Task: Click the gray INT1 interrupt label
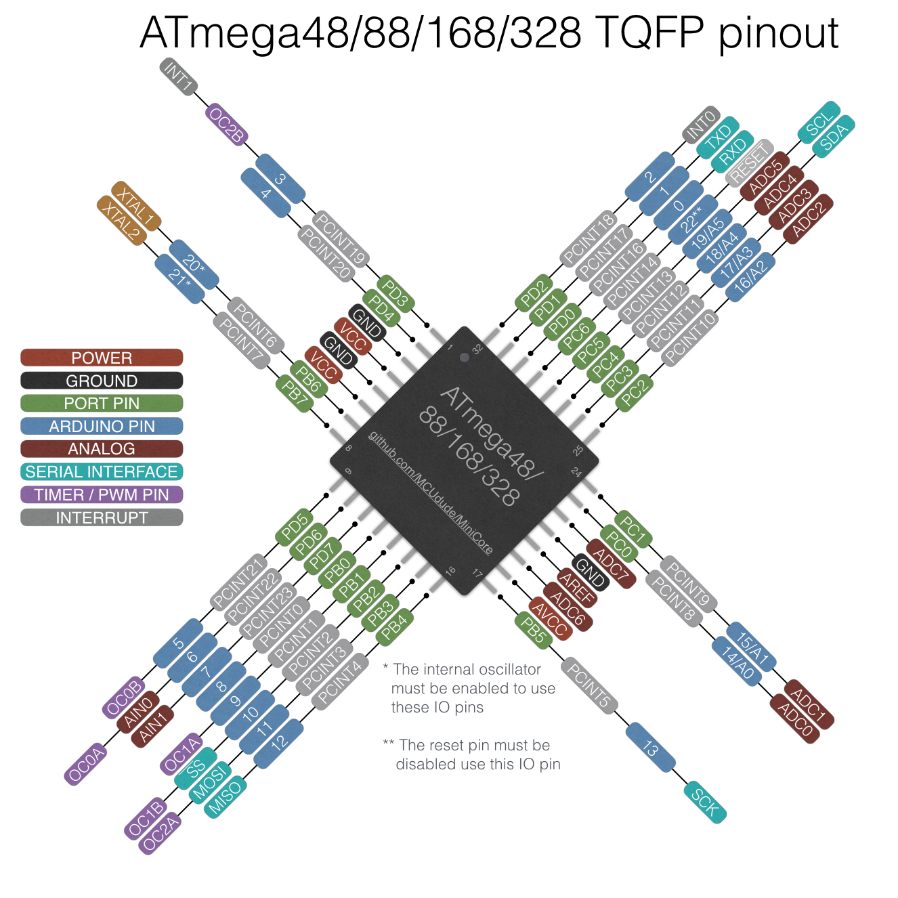tap(179, 77)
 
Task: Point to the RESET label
tap(749, 163)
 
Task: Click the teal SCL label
tap(819, 123)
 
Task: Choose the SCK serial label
tap(705, 803)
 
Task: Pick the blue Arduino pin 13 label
tap(651, 748)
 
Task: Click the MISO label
tap(225, 797)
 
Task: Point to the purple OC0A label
tap(87, 764)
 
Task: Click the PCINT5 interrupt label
tap(589, 686)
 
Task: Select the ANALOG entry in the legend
tap(102, 449)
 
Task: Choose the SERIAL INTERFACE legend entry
tap(102, 472)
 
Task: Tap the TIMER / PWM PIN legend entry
tap(102, 495)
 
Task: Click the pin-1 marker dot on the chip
tap(464, 357)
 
